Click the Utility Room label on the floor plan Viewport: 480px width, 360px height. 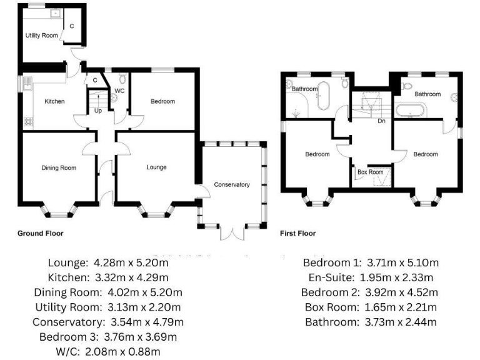point(42,36)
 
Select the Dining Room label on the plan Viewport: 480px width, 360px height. point(59,167)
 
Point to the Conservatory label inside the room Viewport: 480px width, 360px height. point(231,184)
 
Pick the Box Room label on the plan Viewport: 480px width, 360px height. point(370,172)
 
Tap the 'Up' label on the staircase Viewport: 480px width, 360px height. point(98,111)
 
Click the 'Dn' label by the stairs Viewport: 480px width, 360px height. point(381,121)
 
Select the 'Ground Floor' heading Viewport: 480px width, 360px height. point(40,233)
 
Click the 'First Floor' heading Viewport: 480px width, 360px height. point(297,233)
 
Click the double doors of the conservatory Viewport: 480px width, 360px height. point(231,233)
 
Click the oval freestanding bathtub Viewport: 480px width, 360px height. point(324,94)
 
